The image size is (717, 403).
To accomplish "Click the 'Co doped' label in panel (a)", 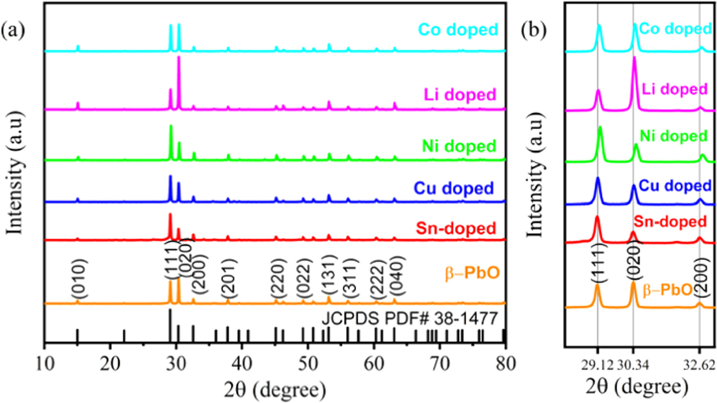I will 458,30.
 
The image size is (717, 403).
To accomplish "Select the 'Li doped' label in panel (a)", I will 460,95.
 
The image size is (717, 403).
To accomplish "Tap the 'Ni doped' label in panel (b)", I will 674,136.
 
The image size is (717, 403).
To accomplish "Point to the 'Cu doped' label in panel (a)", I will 454,188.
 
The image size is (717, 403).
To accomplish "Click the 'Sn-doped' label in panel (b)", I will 670,221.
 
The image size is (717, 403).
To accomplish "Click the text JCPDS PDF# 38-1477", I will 409,319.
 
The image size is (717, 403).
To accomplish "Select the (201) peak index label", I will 228,277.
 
